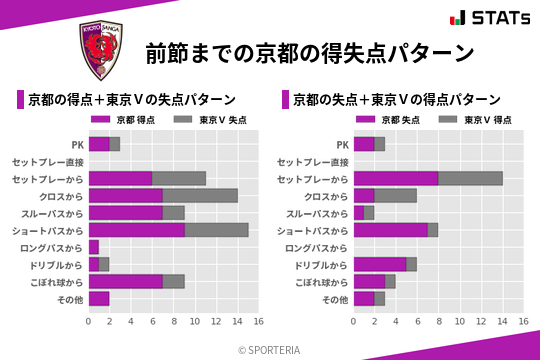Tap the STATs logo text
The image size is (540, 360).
(x=491, y=18)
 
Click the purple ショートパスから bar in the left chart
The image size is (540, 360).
(x=137, y=230)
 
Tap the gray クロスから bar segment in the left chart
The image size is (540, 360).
(x=200, y=195)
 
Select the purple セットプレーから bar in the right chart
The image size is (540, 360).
(x=396, y=178)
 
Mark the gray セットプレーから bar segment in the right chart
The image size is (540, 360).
(x=470, y=178)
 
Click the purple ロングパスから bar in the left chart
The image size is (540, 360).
(x=94, y=247)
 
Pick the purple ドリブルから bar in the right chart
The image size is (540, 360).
(x=380, y=264)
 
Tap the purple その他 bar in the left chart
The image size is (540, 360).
(x=99, y=298)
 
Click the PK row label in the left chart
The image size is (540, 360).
(x=77, y=144)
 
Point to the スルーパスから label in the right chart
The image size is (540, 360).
(x=317, y=213)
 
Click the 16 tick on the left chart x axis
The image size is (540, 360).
(x=258, y=322)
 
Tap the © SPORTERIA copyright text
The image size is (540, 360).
(x=270, y=349)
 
